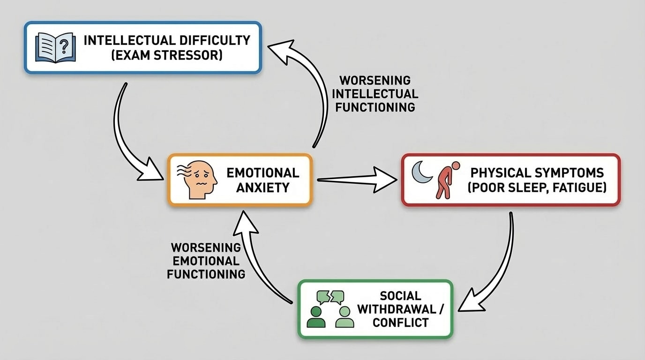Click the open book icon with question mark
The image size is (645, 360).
pos(55,47)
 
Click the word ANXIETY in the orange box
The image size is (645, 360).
pos(262,188)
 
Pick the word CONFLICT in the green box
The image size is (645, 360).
pos(400,322)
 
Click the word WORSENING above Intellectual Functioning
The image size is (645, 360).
pos(375,80)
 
